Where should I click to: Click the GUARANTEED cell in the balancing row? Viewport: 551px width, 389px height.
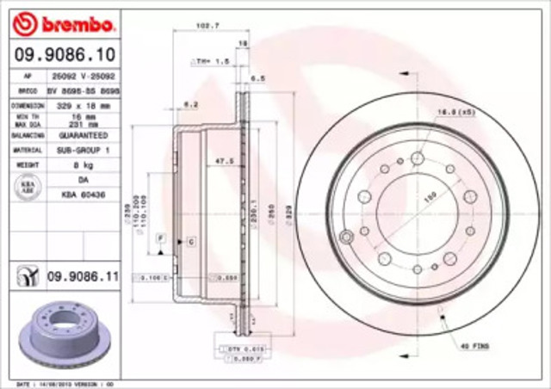pos(84,136)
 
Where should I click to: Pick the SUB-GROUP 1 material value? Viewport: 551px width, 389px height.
pos(84,148)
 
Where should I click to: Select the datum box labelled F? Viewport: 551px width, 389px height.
pos(160,237)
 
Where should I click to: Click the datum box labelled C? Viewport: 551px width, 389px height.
pos(190,243)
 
